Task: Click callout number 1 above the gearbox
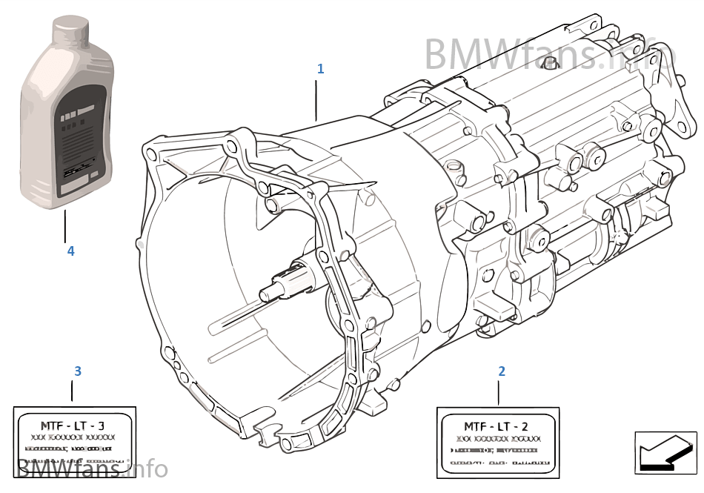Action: [x=320, y=69]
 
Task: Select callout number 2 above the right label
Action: [x=502, y=371]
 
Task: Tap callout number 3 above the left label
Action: [x=78, y=370]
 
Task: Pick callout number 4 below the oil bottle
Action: [x=70, y=251]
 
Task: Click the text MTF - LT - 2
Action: [x=496, y=426]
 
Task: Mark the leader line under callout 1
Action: [x=316, y=100]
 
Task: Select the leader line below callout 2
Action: [x=499, y=392]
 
